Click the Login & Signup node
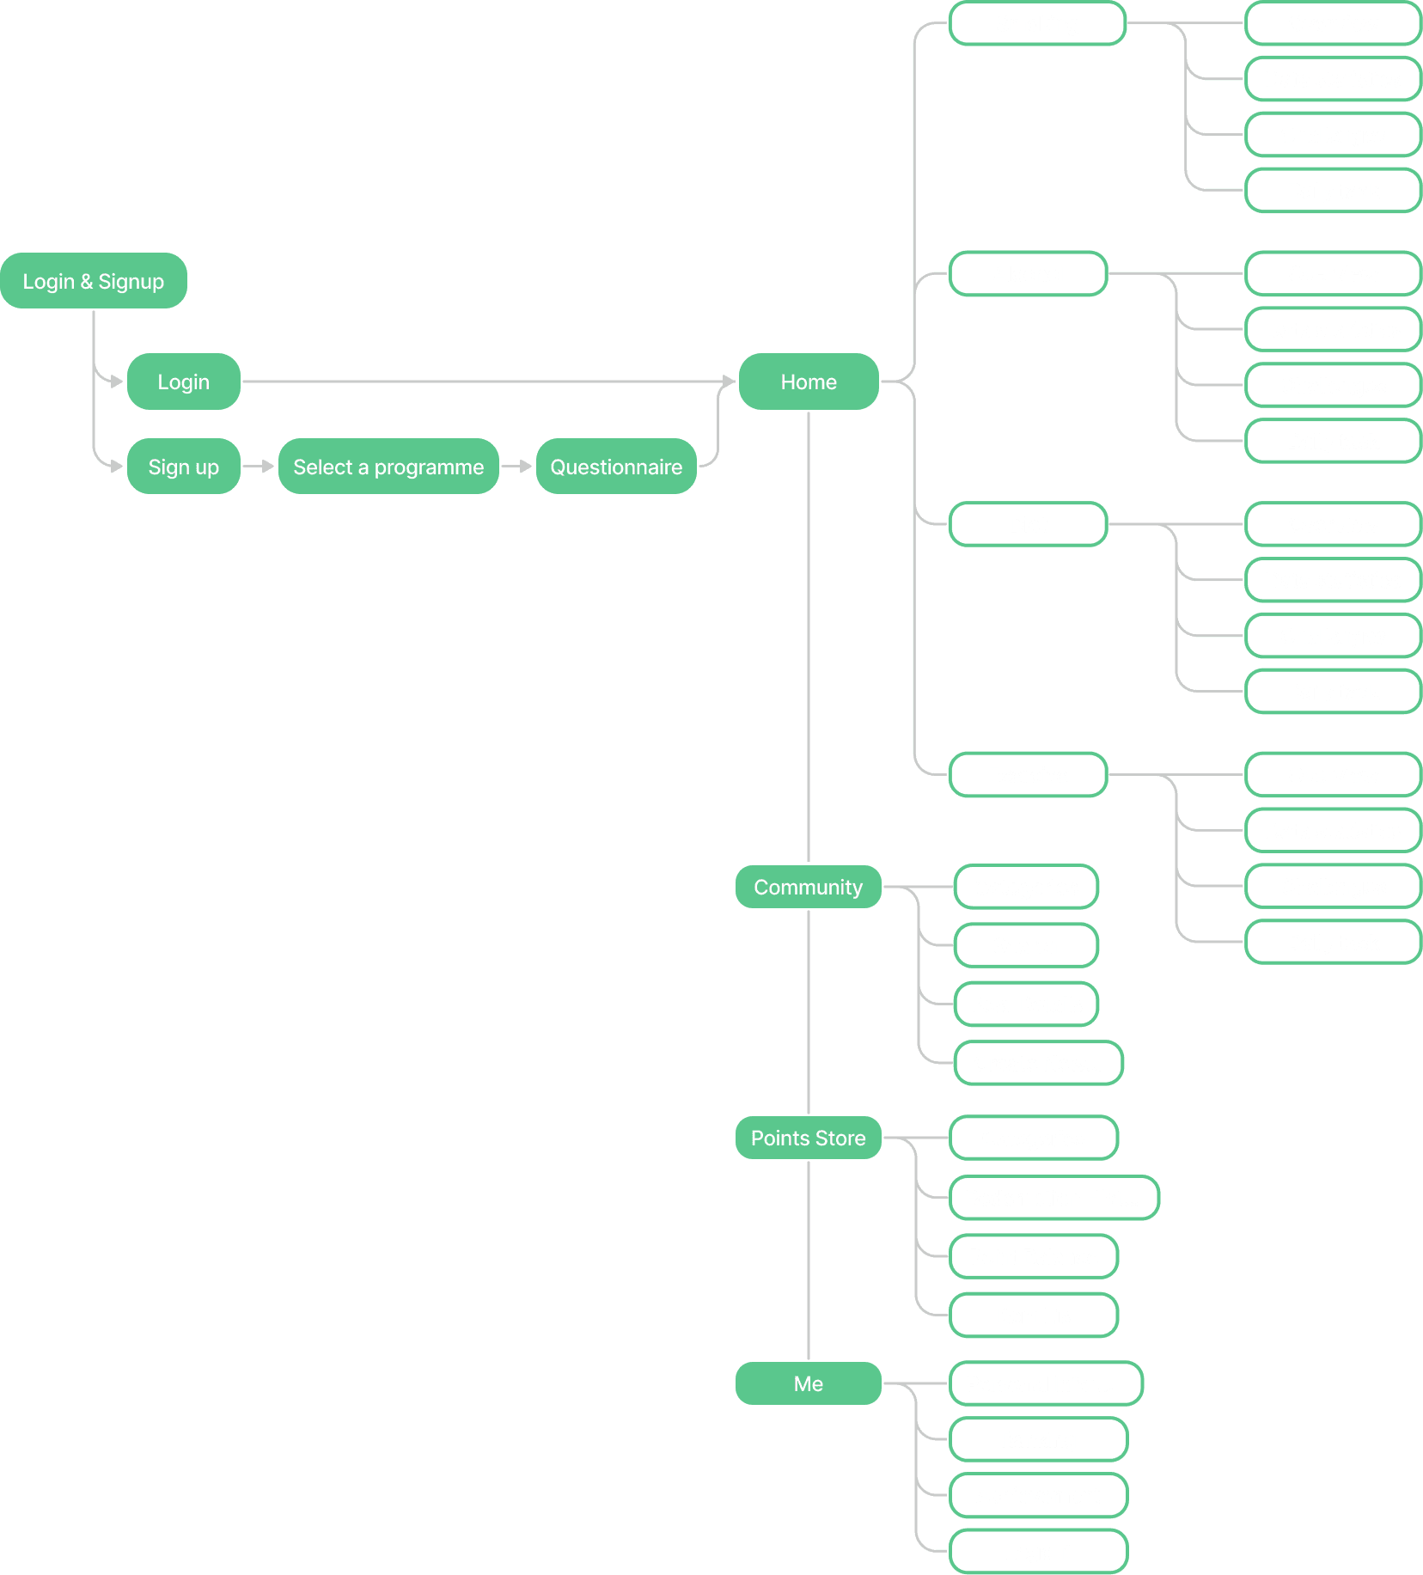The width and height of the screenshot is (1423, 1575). [93, 281]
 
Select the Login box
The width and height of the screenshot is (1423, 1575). [183, 382]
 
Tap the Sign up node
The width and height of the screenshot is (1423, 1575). [183, 467]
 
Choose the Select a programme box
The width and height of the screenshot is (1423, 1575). [388, 467]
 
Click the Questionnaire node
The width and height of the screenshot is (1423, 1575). [615, 467]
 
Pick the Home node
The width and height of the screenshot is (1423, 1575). [808, 382]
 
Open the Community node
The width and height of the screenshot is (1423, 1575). [808, 887]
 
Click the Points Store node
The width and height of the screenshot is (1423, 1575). [808, 1138]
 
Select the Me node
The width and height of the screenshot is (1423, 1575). [808, 1383]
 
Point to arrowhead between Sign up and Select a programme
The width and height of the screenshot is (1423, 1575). [267, 467]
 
